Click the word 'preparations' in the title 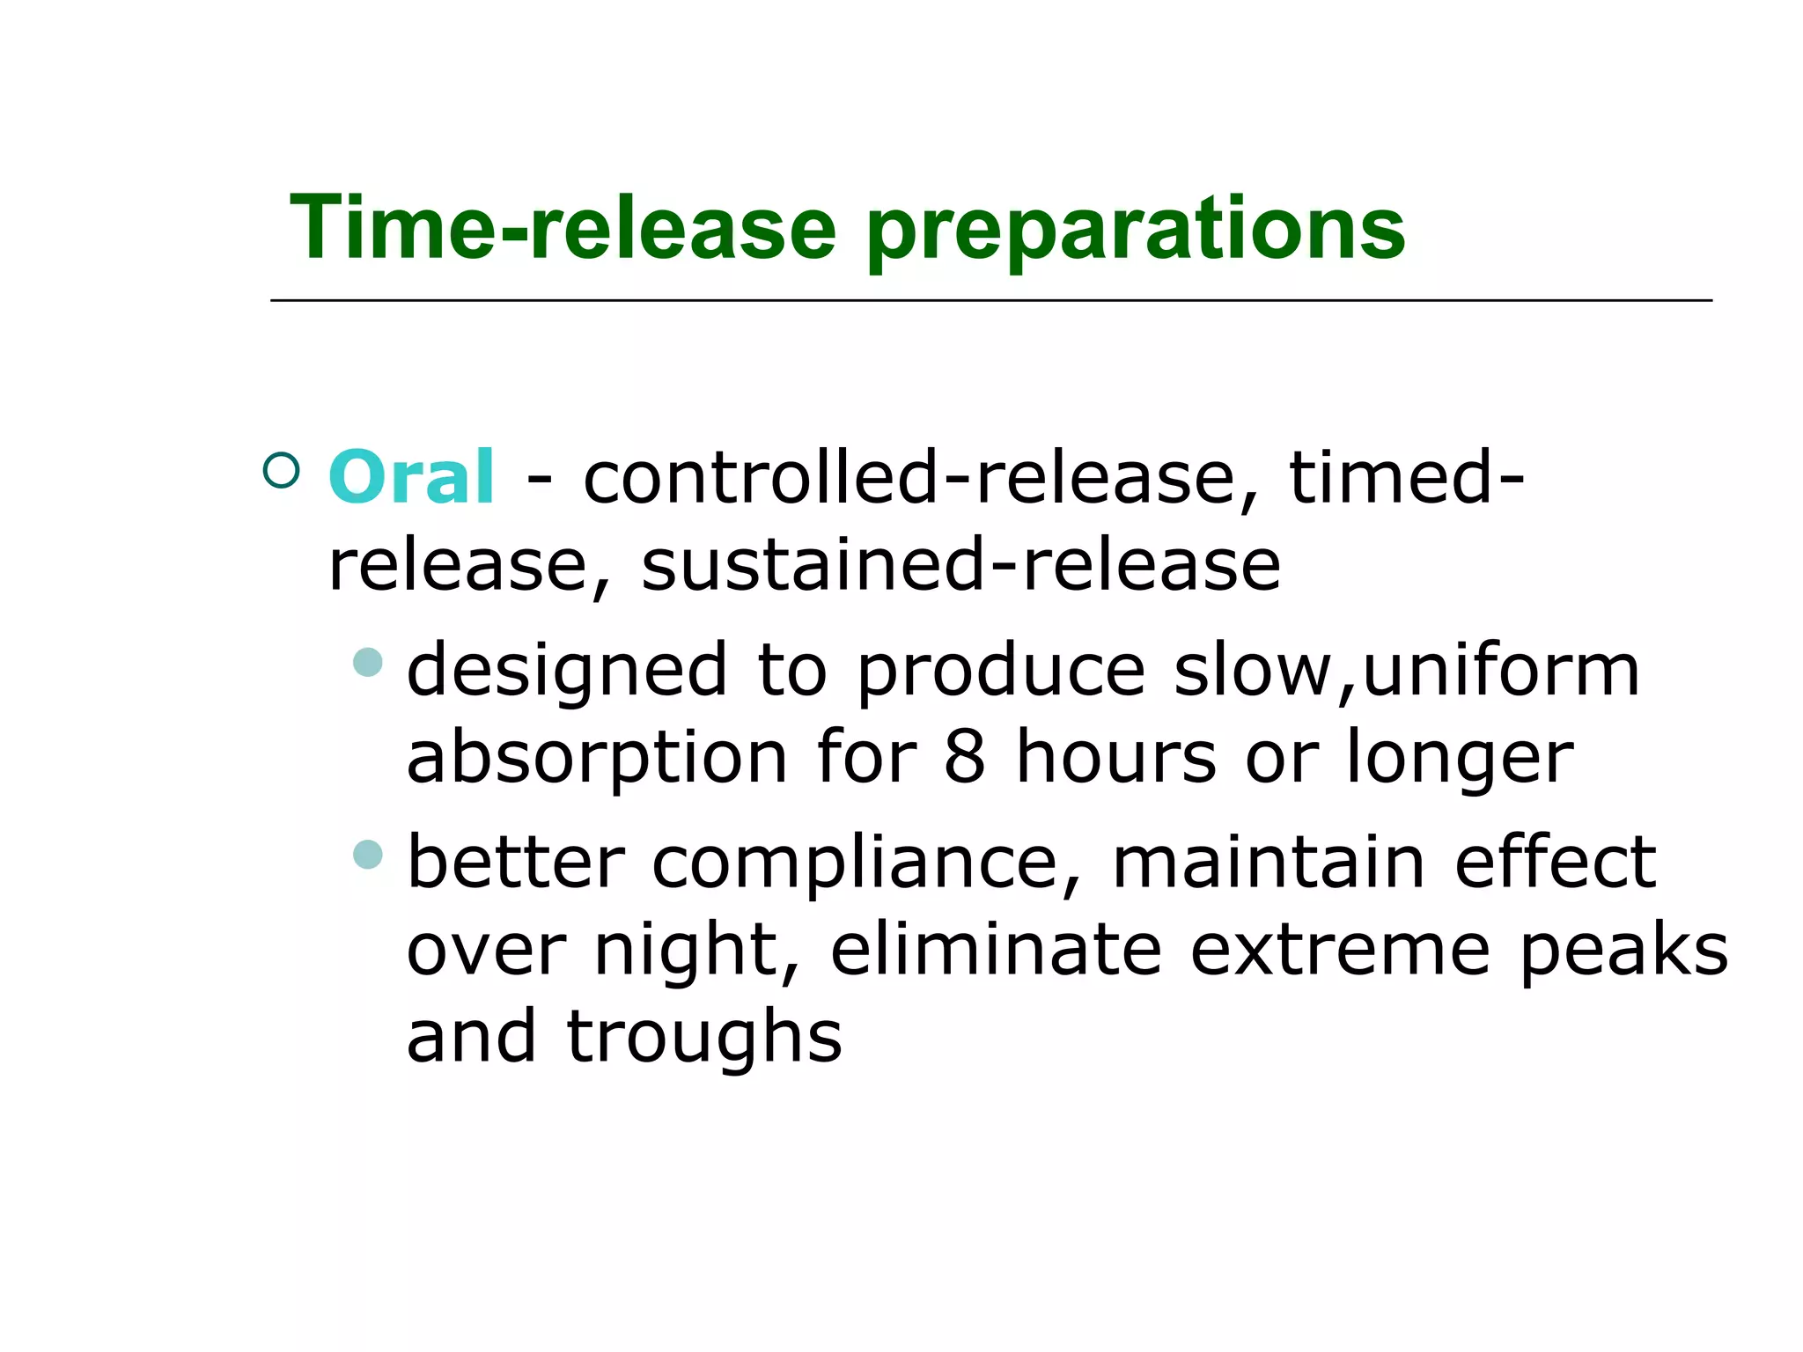[1136, 231]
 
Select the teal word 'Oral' [411, 477]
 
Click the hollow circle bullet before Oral [282, 470]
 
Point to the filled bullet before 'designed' [368, 662]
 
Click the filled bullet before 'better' [368, 854]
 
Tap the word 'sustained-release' [960, 565]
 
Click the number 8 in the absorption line [965, 757]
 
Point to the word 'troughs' [704, 1037]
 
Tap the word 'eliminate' [996, 951]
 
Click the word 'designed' [567, 671]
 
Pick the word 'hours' [1115, 757]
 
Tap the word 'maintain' [1268, 863]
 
